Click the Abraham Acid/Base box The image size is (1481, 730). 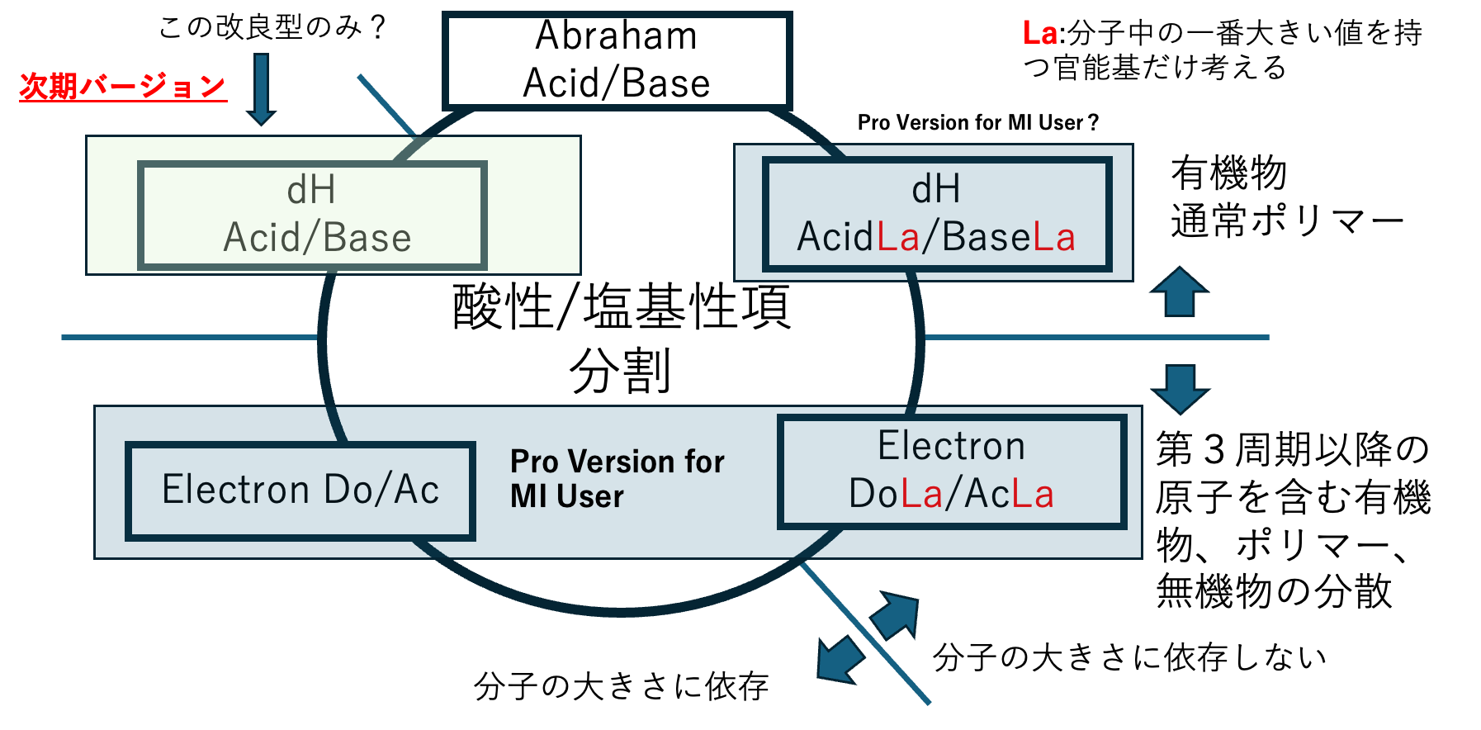(617, 60)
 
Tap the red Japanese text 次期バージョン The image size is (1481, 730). (122, 86)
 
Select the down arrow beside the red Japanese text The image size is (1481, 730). (261, 89)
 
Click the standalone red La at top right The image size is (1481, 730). (1039, 34)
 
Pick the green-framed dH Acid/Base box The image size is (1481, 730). (312, 215)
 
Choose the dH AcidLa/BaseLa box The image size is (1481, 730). (936, 214)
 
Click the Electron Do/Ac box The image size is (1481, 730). (300, 491)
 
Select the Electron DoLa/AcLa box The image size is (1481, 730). (951, 471)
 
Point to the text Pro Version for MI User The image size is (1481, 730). (616, 479)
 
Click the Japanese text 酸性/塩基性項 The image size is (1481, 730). (621, 306)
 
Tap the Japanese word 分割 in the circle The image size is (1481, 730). (620, 371)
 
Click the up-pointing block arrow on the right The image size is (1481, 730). (1180, 292)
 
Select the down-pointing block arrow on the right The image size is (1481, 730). (1180, 388)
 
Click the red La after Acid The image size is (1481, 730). (898, 238)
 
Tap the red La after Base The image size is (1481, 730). (1054, 238)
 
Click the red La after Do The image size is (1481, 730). (921, 495)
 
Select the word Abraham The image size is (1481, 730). (616, 36)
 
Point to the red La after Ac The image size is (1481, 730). (1033, 495)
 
